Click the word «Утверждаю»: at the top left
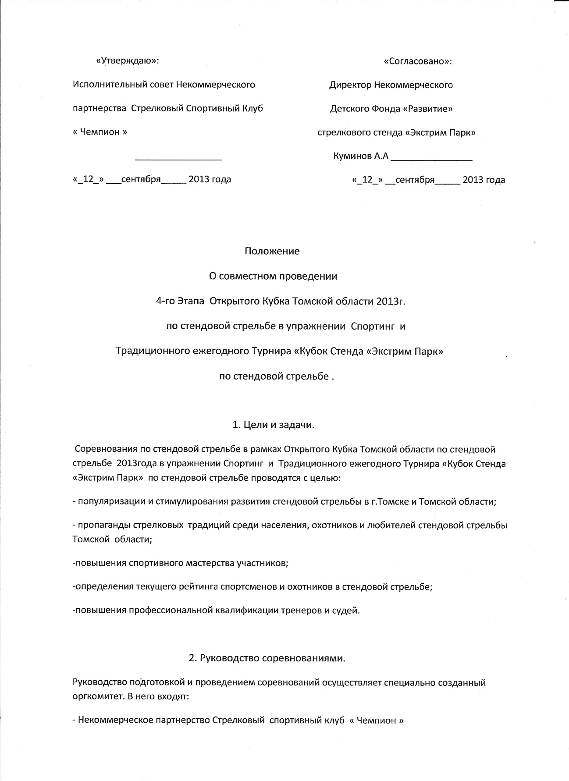click(127, 61)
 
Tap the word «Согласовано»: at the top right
click(417, 61)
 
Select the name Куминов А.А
click(361, 156)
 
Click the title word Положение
click(272, 251)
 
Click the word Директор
click(349, 85)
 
